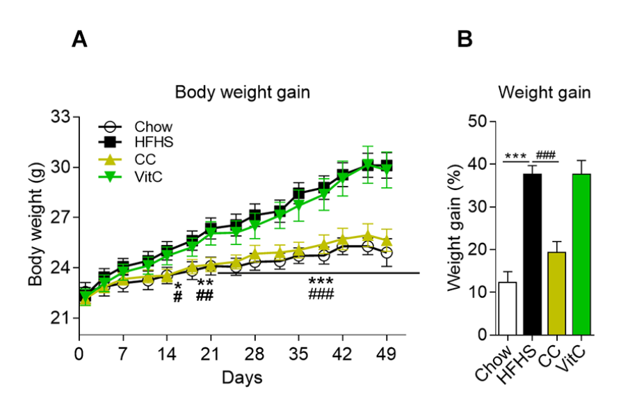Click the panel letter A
click(79, 40)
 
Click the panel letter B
click(465, 40)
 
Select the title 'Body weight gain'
click(243, 93)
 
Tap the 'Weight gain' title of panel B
click(545, 93)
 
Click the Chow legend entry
click(135, 127)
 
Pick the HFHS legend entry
click(136, 142)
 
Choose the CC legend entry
click(127, 159)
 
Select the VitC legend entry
click(130, 176)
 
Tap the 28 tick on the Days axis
click(255, 354)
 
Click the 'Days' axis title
click(242, 378)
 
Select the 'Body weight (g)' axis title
click(35, 224)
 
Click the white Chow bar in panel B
click(508, 309)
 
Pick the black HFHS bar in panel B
click(532, 255)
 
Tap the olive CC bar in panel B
click(557, 294)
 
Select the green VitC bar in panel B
click(581, 255)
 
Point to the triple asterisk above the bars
click(516, 155)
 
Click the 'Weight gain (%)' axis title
click(455, 228)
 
